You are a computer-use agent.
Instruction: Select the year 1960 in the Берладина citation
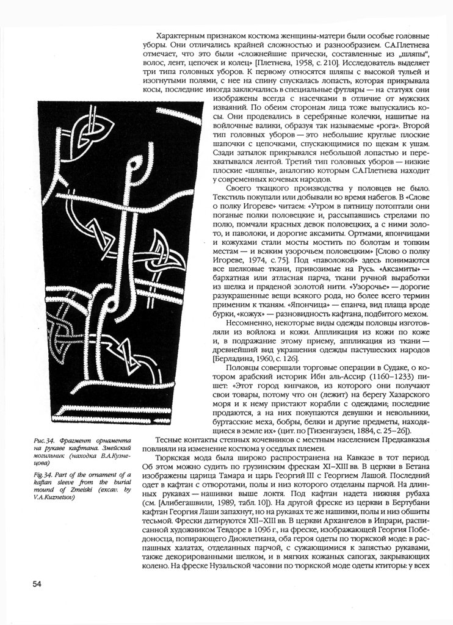268,359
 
